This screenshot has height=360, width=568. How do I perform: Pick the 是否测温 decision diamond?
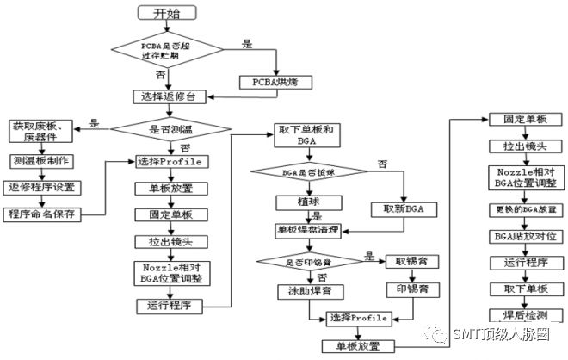172,129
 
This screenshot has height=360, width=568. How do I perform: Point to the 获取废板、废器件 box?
40,133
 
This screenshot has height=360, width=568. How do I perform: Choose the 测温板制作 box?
41,161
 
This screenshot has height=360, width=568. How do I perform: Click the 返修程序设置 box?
41,187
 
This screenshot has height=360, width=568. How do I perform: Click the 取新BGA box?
403,209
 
